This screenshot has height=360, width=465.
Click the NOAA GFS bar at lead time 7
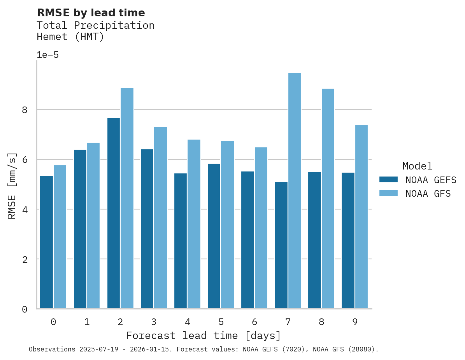pyautogui.click(x=294, y=191)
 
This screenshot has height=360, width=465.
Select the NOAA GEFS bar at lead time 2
pyautogui.click(x=114, y=213)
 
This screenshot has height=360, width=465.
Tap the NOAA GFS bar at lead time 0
pyautogui.click(x=60, y=237)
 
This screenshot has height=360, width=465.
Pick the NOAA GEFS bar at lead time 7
pyautogui.click(x=281, y=245)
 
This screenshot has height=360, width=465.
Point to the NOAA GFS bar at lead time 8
pyautogui.click(x=328, y=199)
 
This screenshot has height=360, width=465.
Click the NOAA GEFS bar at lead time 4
pyautogui.click(x=181, y=241)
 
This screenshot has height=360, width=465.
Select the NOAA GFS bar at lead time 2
pyautogui.click(x=127, y=198)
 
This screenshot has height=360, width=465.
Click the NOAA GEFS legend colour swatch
pyautogui.click(x=388, y=180)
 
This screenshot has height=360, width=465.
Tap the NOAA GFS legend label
pyautogui.click(x=428, y=194)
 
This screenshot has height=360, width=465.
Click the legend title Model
pyautogui.click(x=417, y=166)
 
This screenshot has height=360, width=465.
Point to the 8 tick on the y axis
pyautogui.click(x=25, y=110)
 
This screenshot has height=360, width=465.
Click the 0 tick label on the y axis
pyautogui.click(x=25, y=309)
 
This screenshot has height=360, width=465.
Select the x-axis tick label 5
pyautogui.click(x=221, y=322)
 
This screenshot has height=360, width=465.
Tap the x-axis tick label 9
pyautogui.click(x=355, y=322)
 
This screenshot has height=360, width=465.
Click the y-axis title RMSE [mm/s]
pyautogui.click(x=12, y=185)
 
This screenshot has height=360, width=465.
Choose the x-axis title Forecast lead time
pyautogui.click(x=204, y=336)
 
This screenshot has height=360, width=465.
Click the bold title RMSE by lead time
pyautogui.click(x=91, y=13)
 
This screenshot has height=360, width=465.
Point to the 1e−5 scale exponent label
pyautogui.click(x=47, y=55)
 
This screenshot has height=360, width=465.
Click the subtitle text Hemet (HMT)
pyautogui.click(x=70, y=37)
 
